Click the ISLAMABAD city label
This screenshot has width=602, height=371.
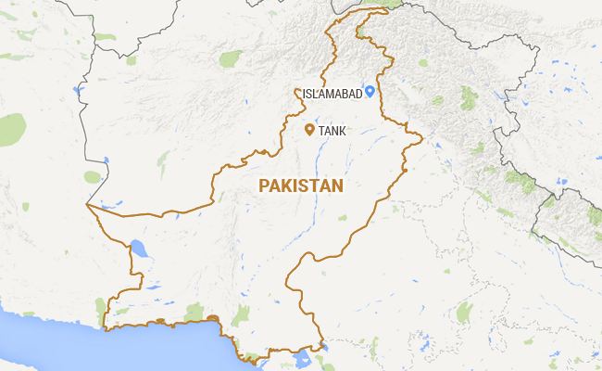tap(332, 93)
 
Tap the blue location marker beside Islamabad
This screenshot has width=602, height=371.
tap(370, 91)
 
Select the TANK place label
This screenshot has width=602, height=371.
tap(332, 132)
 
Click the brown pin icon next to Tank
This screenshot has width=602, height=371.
tap(309, 130)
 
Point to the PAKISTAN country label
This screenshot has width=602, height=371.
tap(301, 185)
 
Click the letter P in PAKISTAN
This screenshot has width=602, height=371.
tap(264, 185)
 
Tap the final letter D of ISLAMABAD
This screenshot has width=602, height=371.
tap(359, 93)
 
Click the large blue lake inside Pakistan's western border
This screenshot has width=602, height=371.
tap(139, 249)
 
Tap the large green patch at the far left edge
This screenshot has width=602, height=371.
tap(11, 130)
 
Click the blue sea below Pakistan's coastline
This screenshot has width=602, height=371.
tap(139, 348)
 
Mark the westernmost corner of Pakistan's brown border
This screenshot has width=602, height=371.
tap(86, 204)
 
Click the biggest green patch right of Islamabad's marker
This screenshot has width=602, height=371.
tap(469, 97)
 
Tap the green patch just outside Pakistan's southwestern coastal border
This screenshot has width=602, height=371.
tap(100, 306)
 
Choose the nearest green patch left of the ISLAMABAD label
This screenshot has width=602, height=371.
tap(230, 59)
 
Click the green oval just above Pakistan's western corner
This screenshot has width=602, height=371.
tap(92, 176)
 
